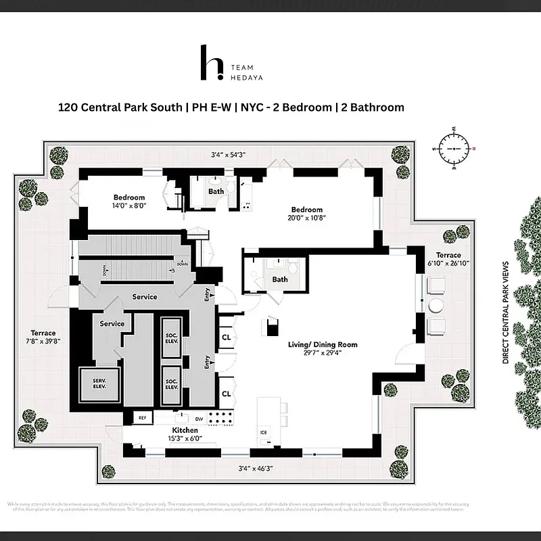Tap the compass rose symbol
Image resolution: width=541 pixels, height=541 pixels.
(454, 145)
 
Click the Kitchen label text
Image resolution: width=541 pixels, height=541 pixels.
(185, 431)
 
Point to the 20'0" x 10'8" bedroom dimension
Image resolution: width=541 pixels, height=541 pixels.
(306, 218)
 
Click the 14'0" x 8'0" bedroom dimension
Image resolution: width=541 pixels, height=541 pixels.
(129, 205)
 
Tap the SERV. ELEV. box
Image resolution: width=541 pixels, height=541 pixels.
(99, 383)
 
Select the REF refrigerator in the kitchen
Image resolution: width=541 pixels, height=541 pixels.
(142, 418)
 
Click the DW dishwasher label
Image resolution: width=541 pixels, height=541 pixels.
(199, 418)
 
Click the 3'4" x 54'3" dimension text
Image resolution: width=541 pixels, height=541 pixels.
(228, 155)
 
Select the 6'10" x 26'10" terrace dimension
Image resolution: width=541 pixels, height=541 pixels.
(448, 263)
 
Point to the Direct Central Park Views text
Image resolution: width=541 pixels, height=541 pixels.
(505, 313)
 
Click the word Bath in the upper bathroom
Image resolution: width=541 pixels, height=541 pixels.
(216, 191)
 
